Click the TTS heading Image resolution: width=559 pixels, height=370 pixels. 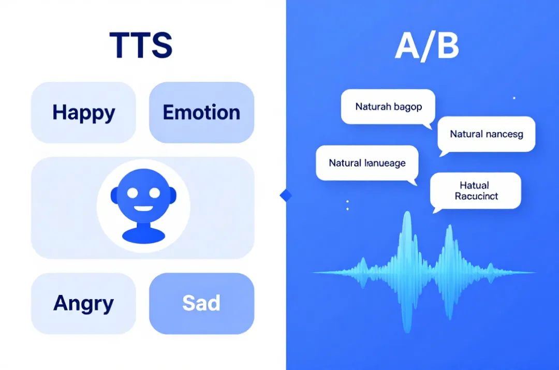(141, 45)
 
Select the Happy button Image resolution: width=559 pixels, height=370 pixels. (83, 112)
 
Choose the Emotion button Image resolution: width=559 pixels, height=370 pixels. (201, 112)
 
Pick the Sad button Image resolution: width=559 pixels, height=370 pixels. (201, 303)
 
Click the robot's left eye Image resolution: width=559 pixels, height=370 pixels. (133, 193)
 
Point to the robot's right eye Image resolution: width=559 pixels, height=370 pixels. (154, 193)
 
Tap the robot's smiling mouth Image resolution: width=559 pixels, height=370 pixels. (144, 210)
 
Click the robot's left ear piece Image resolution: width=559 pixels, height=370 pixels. (114, 195)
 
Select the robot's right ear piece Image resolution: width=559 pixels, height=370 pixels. (173, 195)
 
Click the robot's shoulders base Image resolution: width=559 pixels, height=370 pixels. (143, 234)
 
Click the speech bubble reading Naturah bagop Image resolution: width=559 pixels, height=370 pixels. (388, 107)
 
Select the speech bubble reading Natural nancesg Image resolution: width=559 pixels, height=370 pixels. (486, 134)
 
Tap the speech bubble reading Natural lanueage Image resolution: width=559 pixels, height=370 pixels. (367, 163)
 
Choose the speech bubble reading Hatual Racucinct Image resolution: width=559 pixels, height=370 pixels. (475, 190)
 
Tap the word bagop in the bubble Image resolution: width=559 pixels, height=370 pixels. (408, 107)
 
